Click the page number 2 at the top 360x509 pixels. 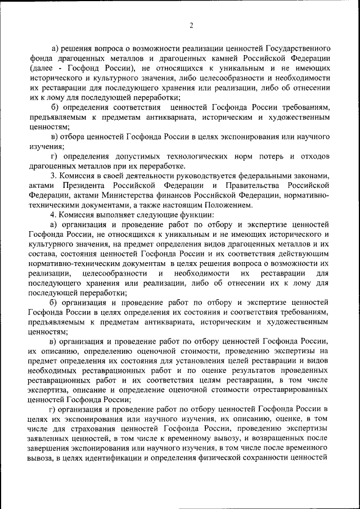(191, 25)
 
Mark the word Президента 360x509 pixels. (83, 186)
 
